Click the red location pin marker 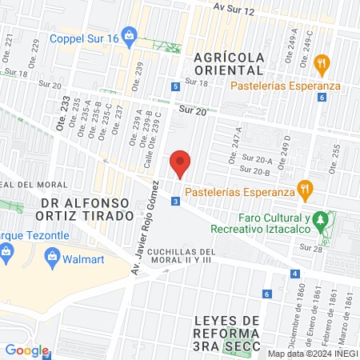181,163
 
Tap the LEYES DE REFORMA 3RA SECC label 228,332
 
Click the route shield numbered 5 175,86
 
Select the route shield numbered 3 174,202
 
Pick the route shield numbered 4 296,274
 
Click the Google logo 26,350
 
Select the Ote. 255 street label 334,150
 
